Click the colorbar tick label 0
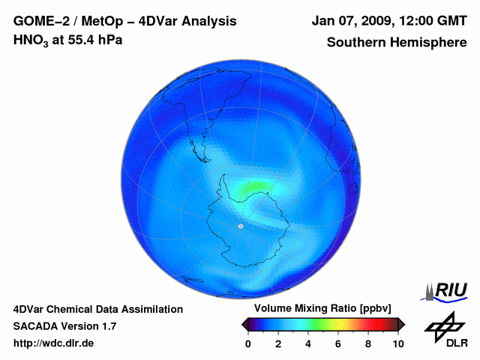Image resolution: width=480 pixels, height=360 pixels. (x=248, y=343)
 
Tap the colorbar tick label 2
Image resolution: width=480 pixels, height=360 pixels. (x=278, y=343)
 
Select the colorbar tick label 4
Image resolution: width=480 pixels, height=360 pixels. (x=308, y=343)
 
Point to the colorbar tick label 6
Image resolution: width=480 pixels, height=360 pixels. (x=338, y=343)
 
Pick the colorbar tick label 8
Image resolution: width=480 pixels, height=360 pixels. (x=368, y=343)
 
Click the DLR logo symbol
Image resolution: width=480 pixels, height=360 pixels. (x=445, y=324)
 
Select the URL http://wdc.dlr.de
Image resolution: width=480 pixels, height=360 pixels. (x=54, y=343)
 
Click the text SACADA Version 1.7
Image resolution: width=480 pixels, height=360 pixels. (x=64, y=326)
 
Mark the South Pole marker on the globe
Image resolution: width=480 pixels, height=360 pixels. (x=241, y=226)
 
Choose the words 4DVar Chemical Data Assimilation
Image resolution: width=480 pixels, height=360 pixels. (x=97, y=309)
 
